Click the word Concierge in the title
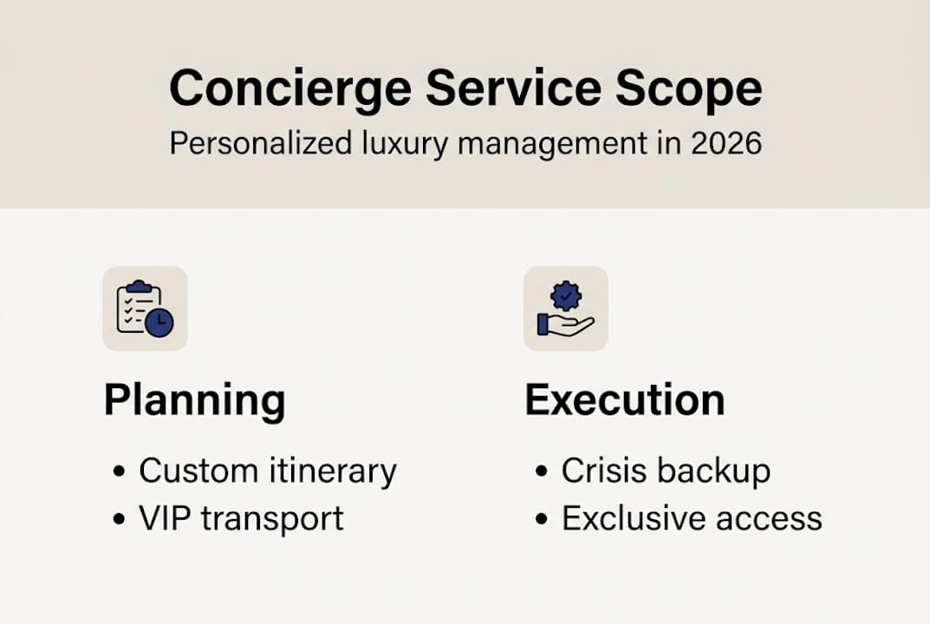(278, 88)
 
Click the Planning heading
(194, 400)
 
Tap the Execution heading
(625, 400)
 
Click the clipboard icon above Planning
(145, 309)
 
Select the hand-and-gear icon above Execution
(565, 309)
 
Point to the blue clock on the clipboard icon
(159, 322)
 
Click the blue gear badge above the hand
(567, 296)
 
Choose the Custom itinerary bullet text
(267, 471)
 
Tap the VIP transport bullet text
(241, 518)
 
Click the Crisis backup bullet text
(666, 471)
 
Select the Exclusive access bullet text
(692, 518)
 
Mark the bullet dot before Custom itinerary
(120, 473)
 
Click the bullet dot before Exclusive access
(542, 520)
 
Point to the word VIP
(165, 518)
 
